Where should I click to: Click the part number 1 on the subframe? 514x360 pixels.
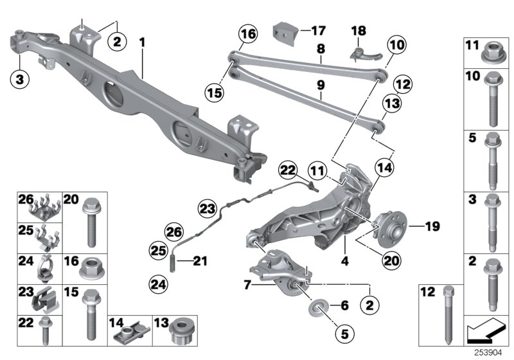point(143,42)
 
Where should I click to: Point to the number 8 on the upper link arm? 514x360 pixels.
point(320,48)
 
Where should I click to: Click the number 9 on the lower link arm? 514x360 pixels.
point(320,85)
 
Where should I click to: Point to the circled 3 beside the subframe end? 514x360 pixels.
point(20,79)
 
